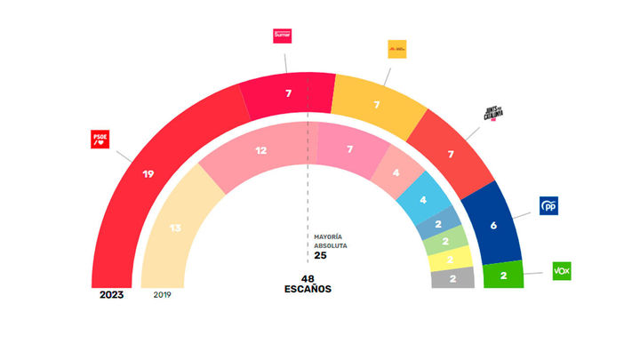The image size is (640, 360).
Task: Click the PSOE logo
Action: (99, 140)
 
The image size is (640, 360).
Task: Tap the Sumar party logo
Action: (283, 36)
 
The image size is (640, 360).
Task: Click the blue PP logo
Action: (548, 206)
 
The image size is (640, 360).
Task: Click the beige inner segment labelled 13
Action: (175, 228)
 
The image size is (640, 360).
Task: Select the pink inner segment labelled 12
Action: (260, 151)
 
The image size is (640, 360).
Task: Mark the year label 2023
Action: (111, 294)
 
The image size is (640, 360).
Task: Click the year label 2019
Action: (163, 294)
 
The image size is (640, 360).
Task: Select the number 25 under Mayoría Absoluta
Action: (321, 256)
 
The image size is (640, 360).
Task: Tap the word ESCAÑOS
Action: (309, 289)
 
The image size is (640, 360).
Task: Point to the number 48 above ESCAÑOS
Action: (309, 278)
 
